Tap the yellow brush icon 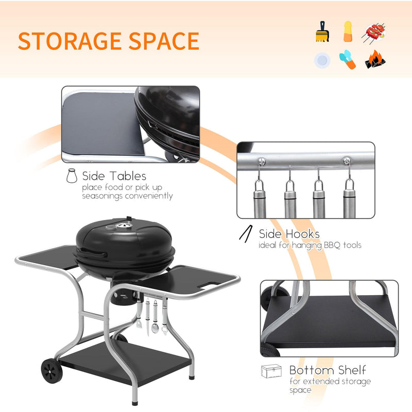(322, 32)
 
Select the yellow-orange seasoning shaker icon (348, 31)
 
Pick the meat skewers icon (375, 32)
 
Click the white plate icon (322, 60)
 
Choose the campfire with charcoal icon (375, 60)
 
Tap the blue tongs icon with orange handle (348, 60)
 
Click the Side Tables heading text (114, 176)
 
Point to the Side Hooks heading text (289, 234)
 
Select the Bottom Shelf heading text (328, 370)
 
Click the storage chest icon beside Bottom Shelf (271, 371)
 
